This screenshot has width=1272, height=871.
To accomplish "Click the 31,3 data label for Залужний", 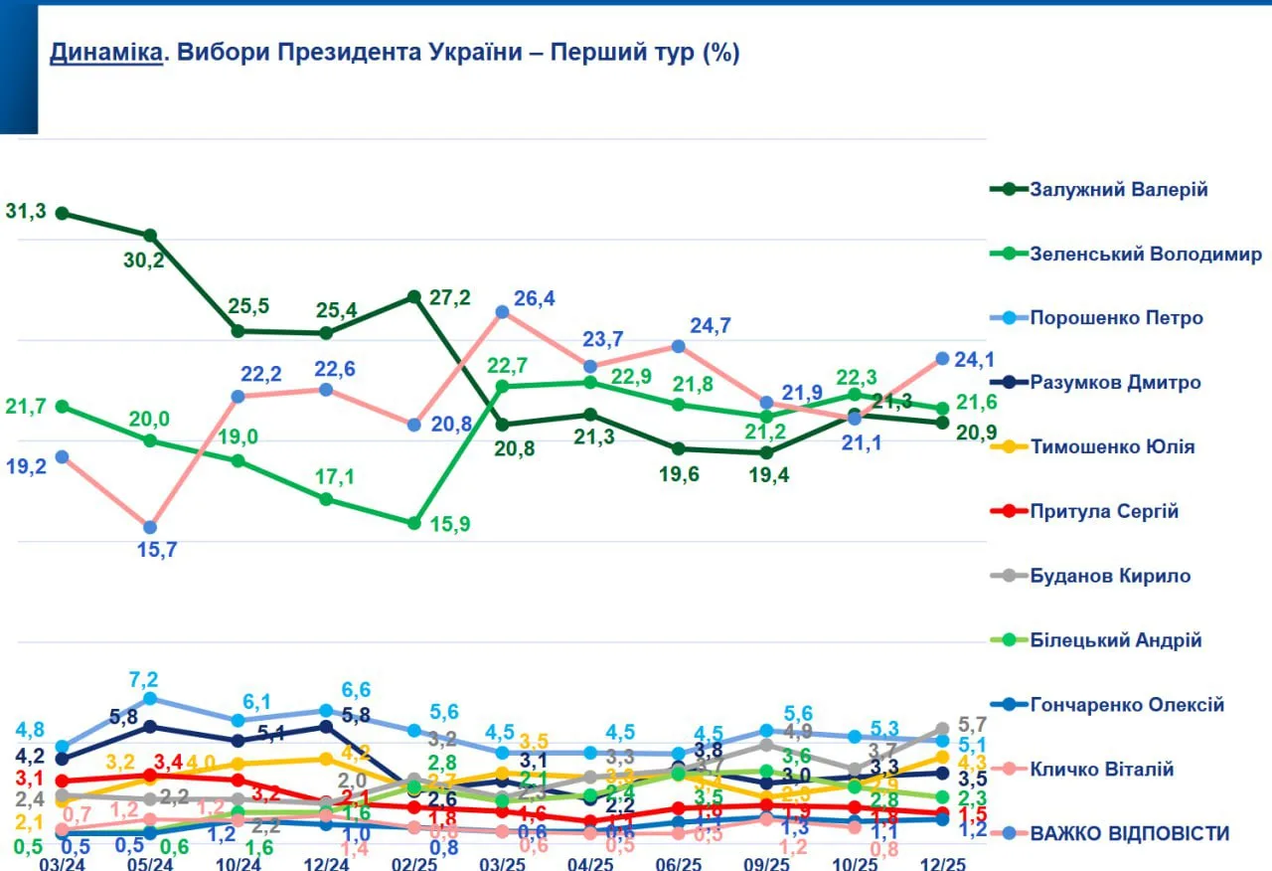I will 26,211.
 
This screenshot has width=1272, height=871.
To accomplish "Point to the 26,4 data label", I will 534,298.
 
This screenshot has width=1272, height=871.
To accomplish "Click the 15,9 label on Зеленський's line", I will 449,524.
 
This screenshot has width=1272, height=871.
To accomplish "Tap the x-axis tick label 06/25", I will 680,863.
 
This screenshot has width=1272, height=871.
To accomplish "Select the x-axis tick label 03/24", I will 61,863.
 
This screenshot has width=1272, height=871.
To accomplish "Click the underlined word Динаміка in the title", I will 105,53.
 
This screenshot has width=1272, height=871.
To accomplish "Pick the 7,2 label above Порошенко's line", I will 145,680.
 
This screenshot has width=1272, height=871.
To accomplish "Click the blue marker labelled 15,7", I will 150,527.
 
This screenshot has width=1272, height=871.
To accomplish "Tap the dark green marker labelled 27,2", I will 414,296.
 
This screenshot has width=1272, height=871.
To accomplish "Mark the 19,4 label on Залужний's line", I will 768,475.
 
